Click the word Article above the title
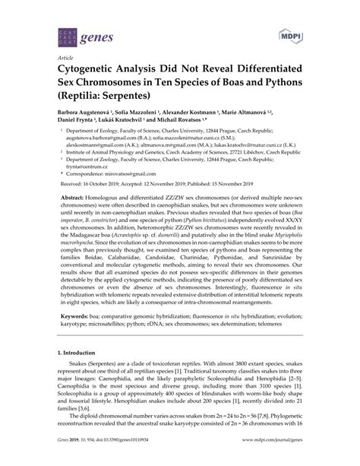pos(55,57)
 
